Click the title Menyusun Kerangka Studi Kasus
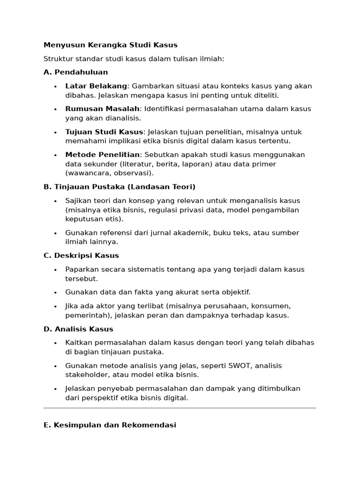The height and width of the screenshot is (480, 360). tap(110, 45)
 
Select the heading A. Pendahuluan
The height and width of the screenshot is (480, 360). tap(75, 72)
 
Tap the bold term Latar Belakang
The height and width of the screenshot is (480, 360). tap(96, 86)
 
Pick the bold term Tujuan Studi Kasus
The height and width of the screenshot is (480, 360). tap(104, 132)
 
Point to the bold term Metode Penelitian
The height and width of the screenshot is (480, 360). tap(102, 155)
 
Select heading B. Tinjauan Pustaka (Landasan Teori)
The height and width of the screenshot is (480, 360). tap(119, 187)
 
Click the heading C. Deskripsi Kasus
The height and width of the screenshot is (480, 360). tap(81, 255)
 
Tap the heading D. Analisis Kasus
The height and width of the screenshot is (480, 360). tap(78, 329)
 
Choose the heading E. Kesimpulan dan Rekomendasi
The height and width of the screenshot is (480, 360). tap(110, 426)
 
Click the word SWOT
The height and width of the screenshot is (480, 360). tap(228, 366)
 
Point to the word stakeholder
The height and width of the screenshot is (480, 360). tap(86, 375)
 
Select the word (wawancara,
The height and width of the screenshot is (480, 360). tap(86, 173)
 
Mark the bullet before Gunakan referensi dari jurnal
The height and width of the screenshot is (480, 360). tap(55, 233)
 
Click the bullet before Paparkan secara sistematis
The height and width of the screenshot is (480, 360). tap(55, 270)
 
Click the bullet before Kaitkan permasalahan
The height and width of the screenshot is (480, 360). tap(55, 343)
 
